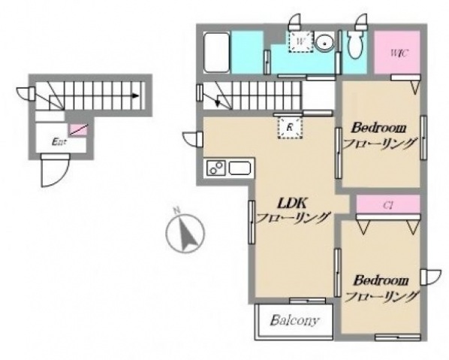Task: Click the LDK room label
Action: (292, 204)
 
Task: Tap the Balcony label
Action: (294, 320)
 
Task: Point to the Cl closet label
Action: (387, 205)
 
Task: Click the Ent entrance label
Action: (59, 141)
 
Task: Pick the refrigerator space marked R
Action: (290, 127)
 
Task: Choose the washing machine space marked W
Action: (300, 41)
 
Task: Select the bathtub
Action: (216, 53)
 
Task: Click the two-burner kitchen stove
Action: (216, 168)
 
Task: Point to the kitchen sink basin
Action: (240, 168)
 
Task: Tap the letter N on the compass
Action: (176, 210)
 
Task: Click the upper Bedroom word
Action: (378, 128)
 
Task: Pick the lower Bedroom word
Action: (381, 280)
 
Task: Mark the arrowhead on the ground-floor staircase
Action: (135, 95)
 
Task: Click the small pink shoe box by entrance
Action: (77, 130)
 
